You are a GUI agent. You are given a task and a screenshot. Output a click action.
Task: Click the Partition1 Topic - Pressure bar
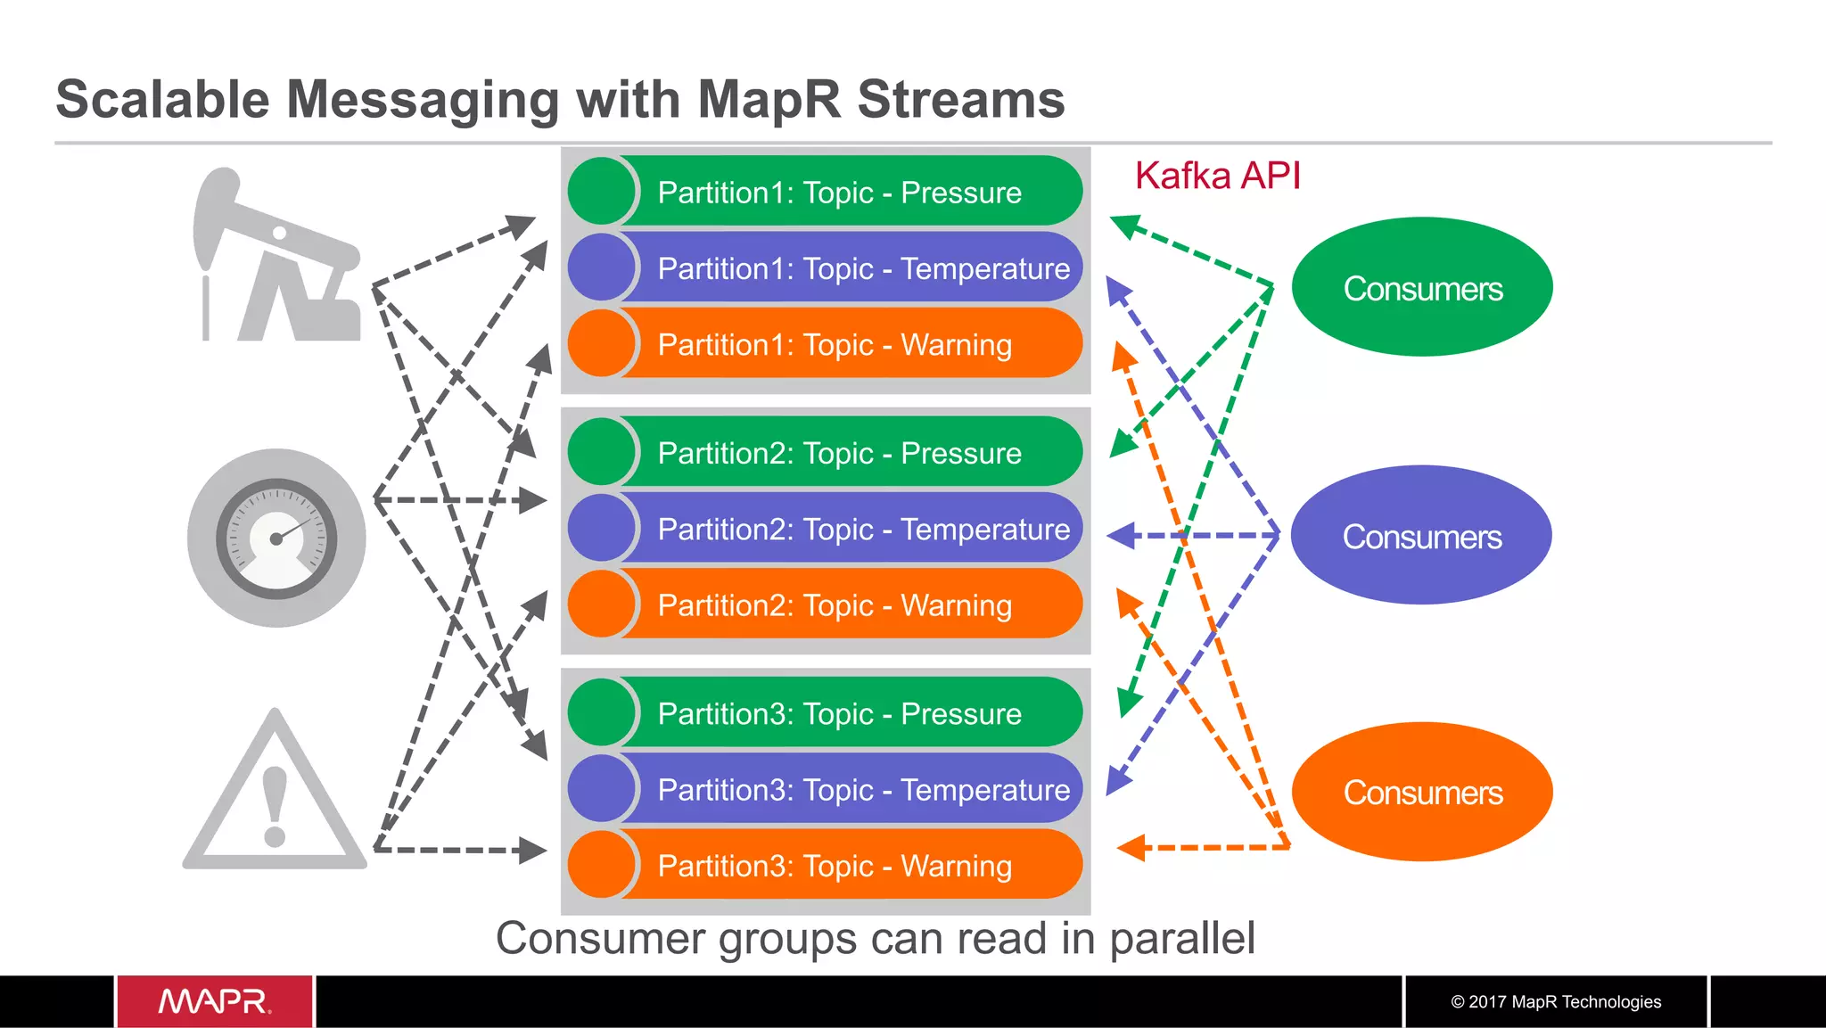(x=826, y=192)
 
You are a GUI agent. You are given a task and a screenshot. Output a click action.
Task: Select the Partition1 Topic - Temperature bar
(x=826, y=267)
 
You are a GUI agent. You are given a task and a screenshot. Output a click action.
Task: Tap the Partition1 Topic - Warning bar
(x=826, y=344)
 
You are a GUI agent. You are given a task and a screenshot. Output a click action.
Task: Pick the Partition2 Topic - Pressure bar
(x=826, y=452)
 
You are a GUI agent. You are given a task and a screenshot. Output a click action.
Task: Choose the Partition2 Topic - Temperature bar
(x=826, y=529)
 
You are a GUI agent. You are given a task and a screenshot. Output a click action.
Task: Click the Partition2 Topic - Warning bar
(x=826, y=604)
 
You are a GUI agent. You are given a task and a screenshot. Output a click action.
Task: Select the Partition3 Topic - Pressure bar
(x=826, y=713)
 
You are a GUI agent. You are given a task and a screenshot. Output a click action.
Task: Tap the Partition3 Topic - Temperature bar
(x=826, y=789)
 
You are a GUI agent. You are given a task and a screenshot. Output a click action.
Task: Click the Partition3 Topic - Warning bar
(x=826, y=865)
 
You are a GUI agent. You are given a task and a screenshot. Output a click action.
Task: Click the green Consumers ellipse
(x=1422, y=287)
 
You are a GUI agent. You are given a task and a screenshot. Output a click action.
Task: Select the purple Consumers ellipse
(x=1421, y=536)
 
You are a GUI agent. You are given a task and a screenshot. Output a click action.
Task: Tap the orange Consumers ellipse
(x=1422, y=792)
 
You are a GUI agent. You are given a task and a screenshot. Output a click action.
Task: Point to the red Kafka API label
(x=1217, y=176)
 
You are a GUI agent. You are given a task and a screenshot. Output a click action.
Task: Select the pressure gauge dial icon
(x=276, y=538)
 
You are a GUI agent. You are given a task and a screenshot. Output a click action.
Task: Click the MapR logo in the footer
(x=215, y=1001)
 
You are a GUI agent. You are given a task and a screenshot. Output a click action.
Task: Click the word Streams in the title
(x=960, y=99)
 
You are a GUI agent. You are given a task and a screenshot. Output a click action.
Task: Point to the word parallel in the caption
(x=1181, y=938)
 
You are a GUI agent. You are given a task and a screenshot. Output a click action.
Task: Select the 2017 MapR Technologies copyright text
(x=1556, y=1001)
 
